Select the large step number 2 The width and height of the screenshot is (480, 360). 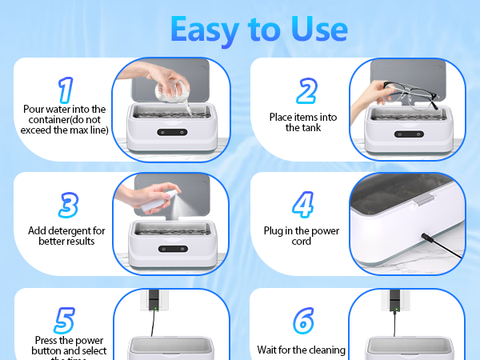(x=306, y=91)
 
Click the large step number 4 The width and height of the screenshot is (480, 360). (x=302, y=205)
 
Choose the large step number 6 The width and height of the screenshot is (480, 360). (x=302, y=320)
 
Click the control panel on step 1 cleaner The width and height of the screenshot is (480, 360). (x=169, y=133)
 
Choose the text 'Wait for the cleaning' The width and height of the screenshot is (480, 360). (x=301, y=350)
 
